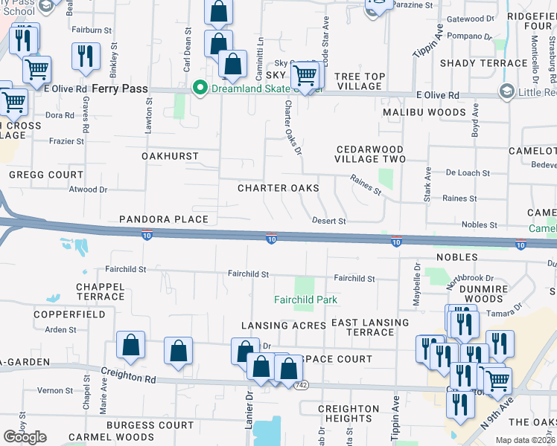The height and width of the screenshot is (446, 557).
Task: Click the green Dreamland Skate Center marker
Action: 200,88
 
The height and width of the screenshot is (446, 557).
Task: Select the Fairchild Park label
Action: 305,300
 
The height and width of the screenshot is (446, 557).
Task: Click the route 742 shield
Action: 301,385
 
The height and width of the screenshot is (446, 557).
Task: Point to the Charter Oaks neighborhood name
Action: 278,188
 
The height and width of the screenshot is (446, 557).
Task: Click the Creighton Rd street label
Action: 130,378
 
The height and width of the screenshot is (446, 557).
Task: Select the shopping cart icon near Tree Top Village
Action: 305,76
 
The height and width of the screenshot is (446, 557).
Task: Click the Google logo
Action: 25,437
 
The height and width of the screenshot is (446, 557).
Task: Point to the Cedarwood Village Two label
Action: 370,154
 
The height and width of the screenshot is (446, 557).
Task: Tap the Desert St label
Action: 328,221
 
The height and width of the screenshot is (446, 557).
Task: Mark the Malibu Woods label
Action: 424,112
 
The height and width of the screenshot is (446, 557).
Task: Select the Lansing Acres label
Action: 283,326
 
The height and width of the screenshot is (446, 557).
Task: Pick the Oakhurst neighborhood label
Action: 171,156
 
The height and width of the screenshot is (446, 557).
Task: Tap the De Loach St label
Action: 468,172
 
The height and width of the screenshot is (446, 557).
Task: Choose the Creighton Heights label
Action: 348,414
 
